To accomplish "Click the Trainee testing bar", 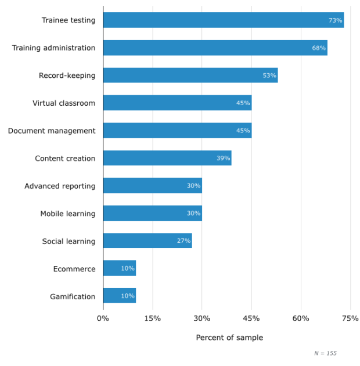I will tap(224, 20).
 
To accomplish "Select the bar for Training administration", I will tap(215, 48).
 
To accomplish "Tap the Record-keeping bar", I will tap(190, 76).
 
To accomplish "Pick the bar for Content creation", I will tap(167, 158).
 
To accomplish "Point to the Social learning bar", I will tap(147, 241).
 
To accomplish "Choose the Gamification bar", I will tap(120, 296).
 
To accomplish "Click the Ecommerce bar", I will tap(120, 268).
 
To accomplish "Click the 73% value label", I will tap(335, 20).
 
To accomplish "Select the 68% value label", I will tap(319, 48).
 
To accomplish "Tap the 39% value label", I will tap(223, 158).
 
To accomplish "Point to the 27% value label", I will tap(183, 241).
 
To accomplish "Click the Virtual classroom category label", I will tap(64, 103).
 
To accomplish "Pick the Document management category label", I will tap(52, 131).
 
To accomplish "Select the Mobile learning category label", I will tap(67, 213).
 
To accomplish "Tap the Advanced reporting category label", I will tap(60, 186).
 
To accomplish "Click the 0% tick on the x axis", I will tap(103, 318).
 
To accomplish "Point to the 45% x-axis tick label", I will tap(251, 318).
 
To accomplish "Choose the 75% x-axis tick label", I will tap(350, 318).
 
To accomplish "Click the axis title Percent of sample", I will tap(229, 338).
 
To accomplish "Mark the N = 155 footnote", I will tap(325, 353).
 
